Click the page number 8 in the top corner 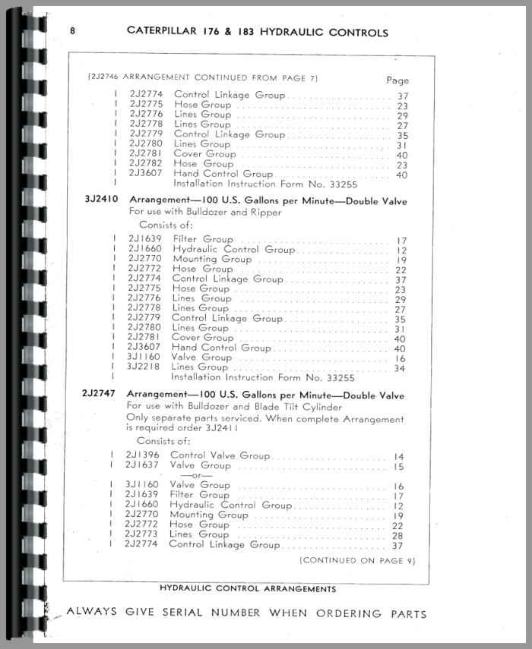(72, 31)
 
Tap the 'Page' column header (397, 80)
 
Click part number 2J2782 (145, 163)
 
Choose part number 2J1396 (141, 455)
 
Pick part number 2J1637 (141, 465)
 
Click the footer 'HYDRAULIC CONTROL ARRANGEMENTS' (249, 588)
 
